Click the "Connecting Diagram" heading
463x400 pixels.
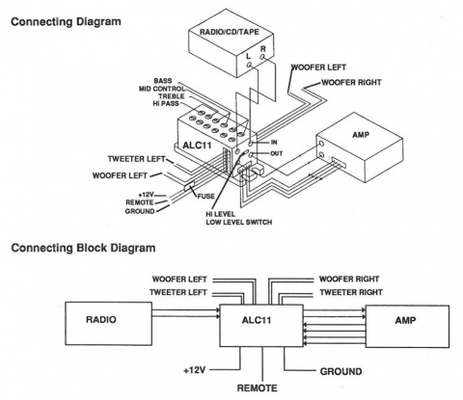click(x=66, y=22)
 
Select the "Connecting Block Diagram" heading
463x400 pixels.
click(x=83, y=248)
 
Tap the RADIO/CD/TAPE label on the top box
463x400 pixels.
click(x=230, y=32)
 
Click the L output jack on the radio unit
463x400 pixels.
click(x=249, y=65)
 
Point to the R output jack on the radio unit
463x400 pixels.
click(x=263, y=57)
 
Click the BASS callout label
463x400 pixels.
click(x=163, y=81)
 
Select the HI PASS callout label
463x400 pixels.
click(x=166, y=103)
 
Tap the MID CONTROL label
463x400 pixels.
click(x=162, y=89)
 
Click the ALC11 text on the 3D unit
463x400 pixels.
click(x=197, y=146)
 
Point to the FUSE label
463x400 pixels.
click(x=205, y=196)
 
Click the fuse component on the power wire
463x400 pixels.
click(x=189, y=186)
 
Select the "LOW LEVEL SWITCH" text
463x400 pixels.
click(x=239, y=222)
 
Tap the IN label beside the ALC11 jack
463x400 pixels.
click(x=274, y=143)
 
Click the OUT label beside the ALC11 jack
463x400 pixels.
click(x=276, y=153)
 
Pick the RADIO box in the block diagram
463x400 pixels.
click(x=109, y=324)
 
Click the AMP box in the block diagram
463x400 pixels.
click(x=407, y=327)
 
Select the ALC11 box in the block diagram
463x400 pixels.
click(x=261, y=326)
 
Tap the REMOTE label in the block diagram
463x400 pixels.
click(x=257, y=388)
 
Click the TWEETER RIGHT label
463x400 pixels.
click(x=351, y=292)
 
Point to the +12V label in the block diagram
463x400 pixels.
click(x=195, y=370)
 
